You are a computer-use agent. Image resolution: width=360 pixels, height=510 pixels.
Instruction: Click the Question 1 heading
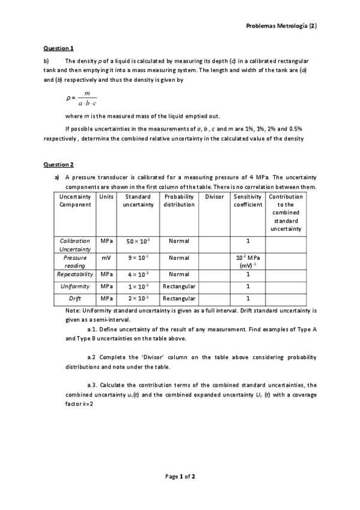point(58,48)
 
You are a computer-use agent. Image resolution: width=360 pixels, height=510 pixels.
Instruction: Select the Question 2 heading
point(58,164)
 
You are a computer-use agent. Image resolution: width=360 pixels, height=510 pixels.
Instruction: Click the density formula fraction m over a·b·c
point(87,98)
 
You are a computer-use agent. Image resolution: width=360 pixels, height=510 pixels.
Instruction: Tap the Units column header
point(106,197)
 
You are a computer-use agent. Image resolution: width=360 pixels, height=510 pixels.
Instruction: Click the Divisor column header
point(214,197)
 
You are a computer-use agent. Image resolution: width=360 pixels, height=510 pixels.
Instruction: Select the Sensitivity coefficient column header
point(248,200)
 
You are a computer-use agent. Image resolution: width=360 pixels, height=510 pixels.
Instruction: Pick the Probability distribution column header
point(179,200)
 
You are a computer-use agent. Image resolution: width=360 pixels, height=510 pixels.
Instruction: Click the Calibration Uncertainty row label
point(75,244)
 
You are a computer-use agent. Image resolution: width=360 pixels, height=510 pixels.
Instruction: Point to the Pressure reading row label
point(75,261)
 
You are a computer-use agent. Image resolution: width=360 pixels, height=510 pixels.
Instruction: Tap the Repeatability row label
point(75,274)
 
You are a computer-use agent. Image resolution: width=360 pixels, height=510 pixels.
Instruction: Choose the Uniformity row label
point(75,286)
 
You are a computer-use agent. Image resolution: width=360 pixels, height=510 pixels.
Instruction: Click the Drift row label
point(75,298)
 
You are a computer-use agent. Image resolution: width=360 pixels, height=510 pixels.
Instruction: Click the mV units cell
point(106,257)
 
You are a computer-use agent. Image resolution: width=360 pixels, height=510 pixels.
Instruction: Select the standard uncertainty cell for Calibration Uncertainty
point(138,241)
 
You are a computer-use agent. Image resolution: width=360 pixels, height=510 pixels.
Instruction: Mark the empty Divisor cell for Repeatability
point(214,274)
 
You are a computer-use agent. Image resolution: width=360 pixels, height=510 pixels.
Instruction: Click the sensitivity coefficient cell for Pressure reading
point(248,261)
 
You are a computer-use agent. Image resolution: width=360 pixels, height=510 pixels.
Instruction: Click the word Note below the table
point(72,310)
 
